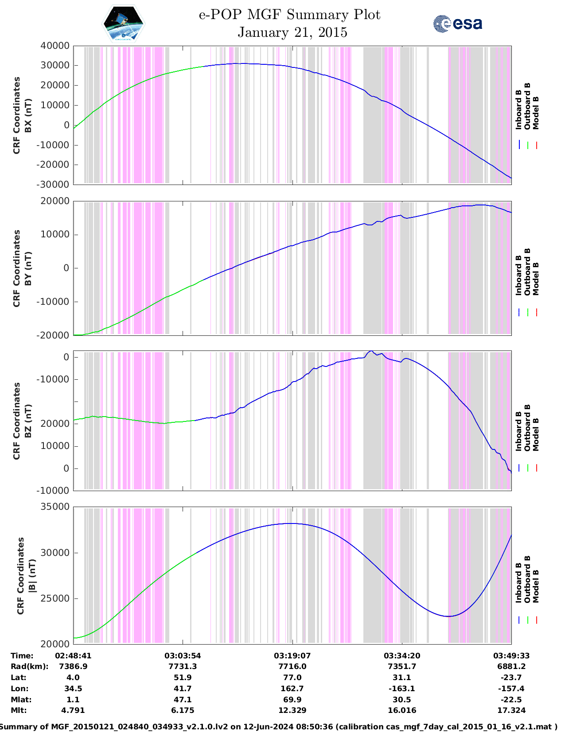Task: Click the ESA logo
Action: [457, 24]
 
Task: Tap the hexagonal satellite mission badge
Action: [123, 24]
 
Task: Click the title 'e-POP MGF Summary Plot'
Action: [289, 15]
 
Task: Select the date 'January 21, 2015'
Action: [292, 32]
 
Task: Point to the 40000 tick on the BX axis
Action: [55, 46]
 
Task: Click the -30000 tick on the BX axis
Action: [55, 184]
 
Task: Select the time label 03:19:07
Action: [292, 656]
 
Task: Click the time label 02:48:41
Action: [73, 656]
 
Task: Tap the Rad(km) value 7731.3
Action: [183, 666]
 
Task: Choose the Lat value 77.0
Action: [292, 677]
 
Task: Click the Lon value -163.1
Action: [401, 689]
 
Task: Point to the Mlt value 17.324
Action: [511, 710]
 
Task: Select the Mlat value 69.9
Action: [292, 700]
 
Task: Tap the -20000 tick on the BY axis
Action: [55, 335]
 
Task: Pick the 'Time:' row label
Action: [22, 656]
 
